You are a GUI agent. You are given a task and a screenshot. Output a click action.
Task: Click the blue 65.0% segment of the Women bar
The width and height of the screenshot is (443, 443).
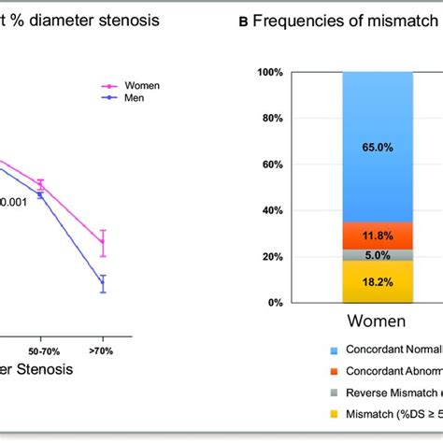click(377, 146)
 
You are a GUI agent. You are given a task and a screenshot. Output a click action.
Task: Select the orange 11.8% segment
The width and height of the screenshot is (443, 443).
click(377, 236)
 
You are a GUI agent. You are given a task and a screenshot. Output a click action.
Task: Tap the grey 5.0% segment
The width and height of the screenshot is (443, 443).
click(377, 255)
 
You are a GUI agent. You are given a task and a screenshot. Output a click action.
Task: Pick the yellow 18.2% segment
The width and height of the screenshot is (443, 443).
click(377, 281)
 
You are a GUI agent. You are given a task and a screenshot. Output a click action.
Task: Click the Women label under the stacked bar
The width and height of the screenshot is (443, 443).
click(377, 322)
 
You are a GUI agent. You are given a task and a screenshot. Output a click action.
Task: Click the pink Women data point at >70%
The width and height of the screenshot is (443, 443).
click(103, 243)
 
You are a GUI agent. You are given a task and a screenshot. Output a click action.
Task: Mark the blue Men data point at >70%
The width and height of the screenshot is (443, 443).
click(103, 283)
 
